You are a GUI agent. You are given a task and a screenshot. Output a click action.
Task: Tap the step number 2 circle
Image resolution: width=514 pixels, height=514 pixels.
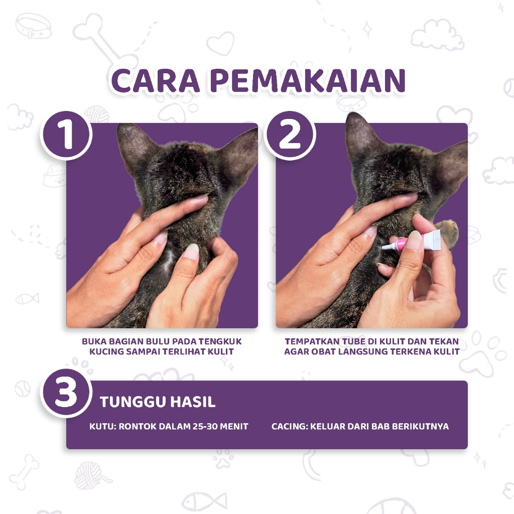290,136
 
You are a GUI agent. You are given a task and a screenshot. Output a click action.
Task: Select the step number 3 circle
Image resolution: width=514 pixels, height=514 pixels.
66,394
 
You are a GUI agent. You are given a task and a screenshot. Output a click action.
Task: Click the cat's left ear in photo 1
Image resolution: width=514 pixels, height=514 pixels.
133,146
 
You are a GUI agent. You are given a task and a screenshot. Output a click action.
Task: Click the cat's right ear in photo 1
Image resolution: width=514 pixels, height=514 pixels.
241,151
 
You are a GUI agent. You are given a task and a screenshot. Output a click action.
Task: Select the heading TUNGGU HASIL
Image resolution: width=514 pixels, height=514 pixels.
158,402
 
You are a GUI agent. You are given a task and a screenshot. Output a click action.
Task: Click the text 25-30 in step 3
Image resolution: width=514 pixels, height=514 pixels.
206,427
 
